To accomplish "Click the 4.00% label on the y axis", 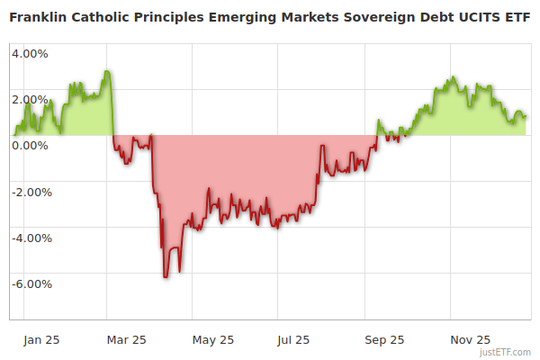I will [30, 53].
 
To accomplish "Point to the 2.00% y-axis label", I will [30, 99].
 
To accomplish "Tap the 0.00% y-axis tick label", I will [30, 145].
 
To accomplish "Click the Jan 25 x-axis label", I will [42, 340].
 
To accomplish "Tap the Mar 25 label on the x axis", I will [127, 340].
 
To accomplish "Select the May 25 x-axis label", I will [213, 340].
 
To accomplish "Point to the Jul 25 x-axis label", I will [293, 340].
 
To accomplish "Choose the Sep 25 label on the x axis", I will [383, 340].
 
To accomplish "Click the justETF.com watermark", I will [507, 352].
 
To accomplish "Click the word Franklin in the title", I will [39, 17].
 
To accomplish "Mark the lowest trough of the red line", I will [165, 276].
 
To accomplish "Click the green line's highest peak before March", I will [106, 71].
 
